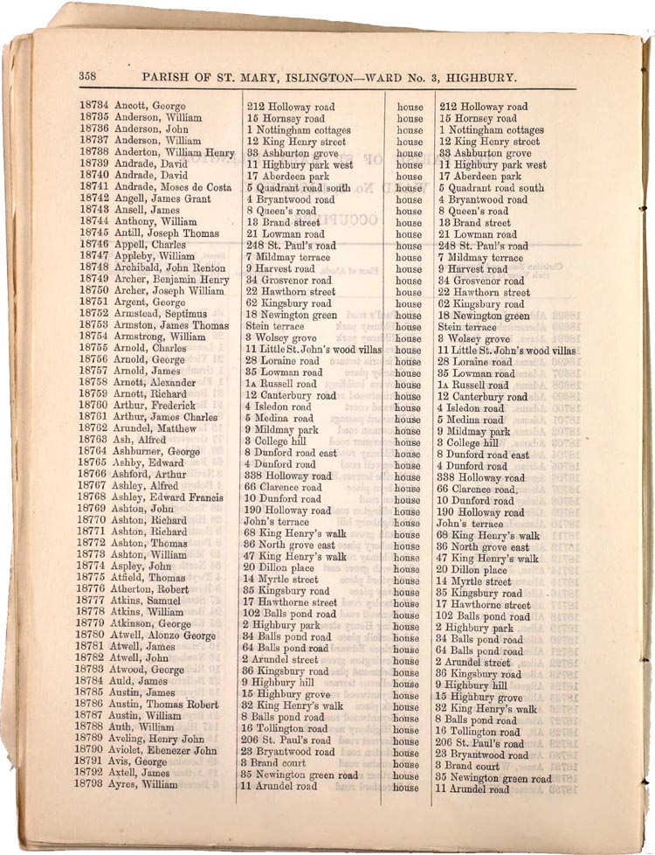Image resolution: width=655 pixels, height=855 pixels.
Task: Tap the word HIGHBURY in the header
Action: click(x=482, y=77)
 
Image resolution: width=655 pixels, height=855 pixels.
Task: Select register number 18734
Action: click(x=93, y=107)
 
